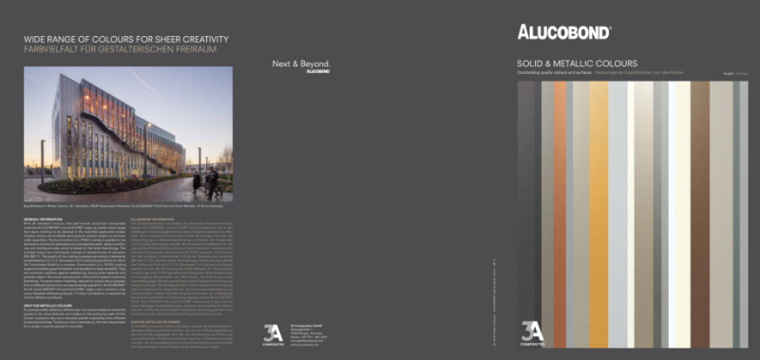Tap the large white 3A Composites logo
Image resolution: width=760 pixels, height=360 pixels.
[x=273, y=333]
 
